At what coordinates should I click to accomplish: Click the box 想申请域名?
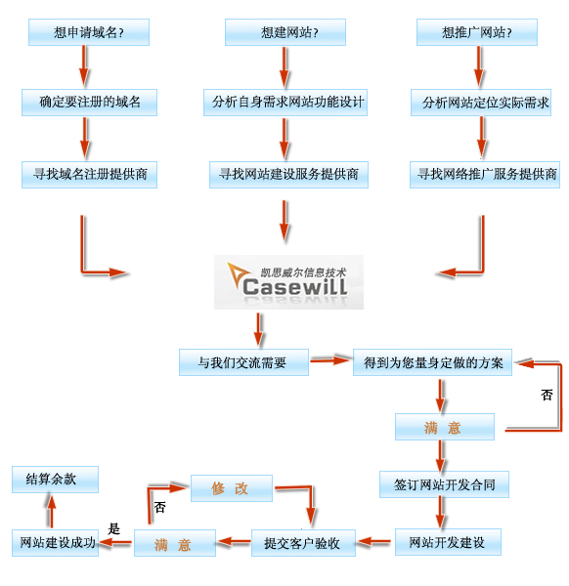click(88, 32)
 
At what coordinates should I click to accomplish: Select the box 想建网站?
click(285, 32)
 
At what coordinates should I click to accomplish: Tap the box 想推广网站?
click(478, 32)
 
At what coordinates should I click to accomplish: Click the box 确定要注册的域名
click(89, 102)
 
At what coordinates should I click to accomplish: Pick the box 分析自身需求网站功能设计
click(285, 102)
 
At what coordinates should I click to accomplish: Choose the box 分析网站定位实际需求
click(485, 102)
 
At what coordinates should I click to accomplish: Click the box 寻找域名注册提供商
click(90, 174)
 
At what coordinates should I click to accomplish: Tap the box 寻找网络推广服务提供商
click(485, 174)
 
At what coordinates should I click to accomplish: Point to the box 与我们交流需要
click(243, 362)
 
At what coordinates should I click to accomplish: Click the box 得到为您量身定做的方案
click(432, 362)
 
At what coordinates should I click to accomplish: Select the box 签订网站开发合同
click(444, 484)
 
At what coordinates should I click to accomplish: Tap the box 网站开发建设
click(447, 542)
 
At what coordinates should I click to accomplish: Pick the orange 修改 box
click(231, 488)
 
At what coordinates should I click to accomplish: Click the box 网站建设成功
click(58, 543)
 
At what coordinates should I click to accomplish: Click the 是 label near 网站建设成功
click(113, 528)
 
